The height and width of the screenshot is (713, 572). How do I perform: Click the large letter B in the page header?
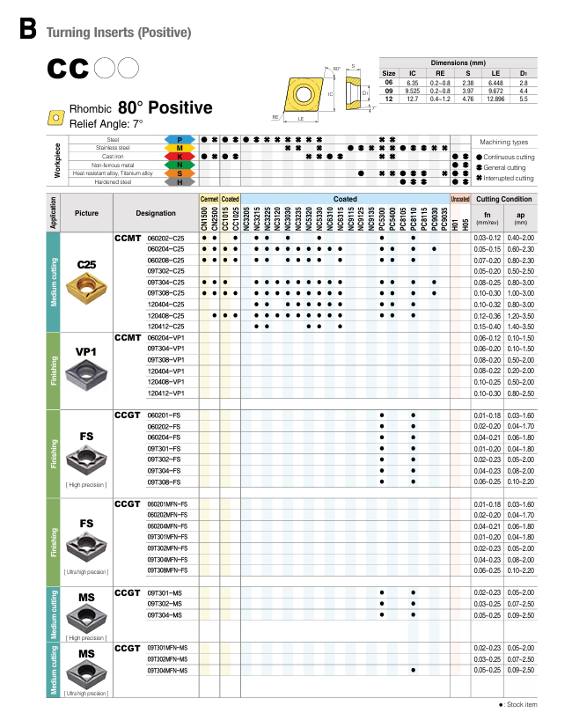pos(27,30)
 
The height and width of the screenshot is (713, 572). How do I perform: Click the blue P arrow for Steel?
pos(180,140)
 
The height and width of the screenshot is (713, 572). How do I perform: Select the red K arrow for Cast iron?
pos(180,157)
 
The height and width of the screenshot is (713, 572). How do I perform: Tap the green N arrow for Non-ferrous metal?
pos(180,165)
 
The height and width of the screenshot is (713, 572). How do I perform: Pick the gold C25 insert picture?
pos(86,284)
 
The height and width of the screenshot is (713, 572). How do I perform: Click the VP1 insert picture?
pos(86,374)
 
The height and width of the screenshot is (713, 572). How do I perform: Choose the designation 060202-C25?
pos(166,239)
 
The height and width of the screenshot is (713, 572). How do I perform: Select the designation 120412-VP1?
pos(165,393)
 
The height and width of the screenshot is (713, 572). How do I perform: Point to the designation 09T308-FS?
pos(164,481)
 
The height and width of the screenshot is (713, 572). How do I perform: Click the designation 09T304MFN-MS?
pos(168,670)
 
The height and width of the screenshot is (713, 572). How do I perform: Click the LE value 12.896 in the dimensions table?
pos(495,98)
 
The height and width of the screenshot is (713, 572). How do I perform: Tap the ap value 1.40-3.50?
pos(519,326)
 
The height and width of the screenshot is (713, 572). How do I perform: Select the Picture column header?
pos(87,214)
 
